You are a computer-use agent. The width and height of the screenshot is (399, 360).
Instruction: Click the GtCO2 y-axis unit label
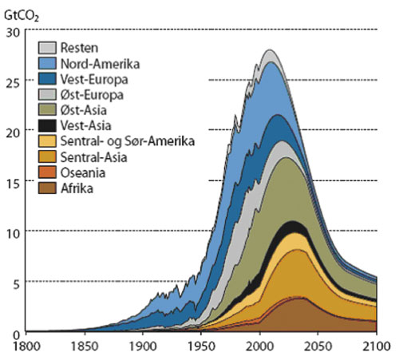pyautogui.click(x=21, y=12)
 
